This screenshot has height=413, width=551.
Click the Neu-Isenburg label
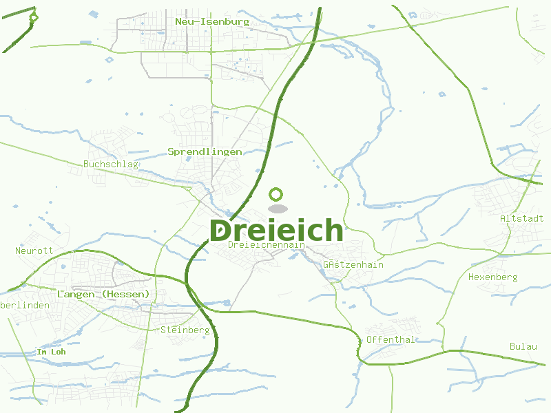pyautogui.click(x=211, y=22)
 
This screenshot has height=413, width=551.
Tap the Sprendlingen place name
pyautogui.click(x=205, y=151)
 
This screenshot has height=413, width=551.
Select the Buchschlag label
pyautogui.click(x=111, y=165)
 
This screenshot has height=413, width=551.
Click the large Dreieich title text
pyautogui.click(x=276, y=230)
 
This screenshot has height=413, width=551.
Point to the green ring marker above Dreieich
pyautogui.click(x=276, y=194)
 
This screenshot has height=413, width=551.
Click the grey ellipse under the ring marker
pyautogui.click(x=277, y=209)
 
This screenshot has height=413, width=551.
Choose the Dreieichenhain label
pyautogui.click(x=266, y=244)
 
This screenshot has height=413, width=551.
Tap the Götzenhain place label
pyautogui.click(x=353, y=264)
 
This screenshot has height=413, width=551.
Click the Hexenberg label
pyautogui.click(x=492, y=277)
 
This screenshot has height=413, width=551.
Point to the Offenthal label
pyautogui.click(x=391, y=339)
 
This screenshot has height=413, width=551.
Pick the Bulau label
pyautogui.click(x=523, y=346)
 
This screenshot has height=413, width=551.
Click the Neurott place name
pyautogui.click(x=34, y=251)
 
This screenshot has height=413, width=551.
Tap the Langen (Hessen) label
pyautogui.click(x=103, y=295)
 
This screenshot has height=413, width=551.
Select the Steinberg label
pyautogui.click(x=185, y=330)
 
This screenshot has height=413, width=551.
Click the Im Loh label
pyautogui.click(x=50, y=352)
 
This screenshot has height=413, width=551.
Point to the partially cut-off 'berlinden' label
pyautogui.click(x=25, y=305)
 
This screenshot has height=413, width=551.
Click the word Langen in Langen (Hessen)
pyautogui.click(x=76, y=295)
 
